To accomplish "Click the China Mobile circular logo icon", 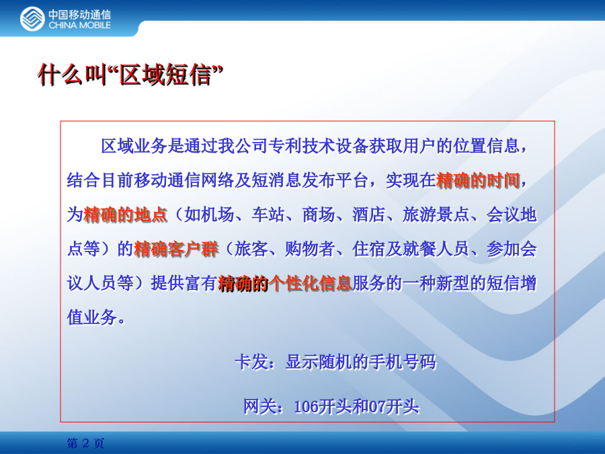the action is [32, 19].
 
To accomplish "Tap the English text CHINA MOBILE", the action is [80, 26].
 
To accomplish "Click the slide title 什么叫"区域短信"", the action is [130, 75].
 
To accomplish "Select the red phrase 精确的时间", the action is [478, 180].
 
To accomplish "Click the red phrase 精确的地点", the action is [126, 215].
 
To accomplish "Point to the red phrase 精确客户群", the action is [176, 249].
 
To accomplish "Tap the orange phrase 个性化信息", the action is [310, 283].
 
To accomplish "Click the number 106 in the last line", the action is [306, 406].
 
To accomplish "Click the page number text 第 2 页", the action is [85, 443].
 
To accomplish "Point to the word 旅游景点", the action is [436, 215].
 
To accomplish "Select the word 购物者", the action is [310, 249].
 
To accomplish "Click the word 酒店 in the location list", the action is [368, 215].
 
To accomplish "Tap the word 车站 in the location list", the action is [268, 215].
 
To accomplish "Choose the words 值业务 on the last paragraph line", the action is [92, 317].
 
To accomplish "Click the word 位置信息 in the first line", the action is [486, 146].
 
